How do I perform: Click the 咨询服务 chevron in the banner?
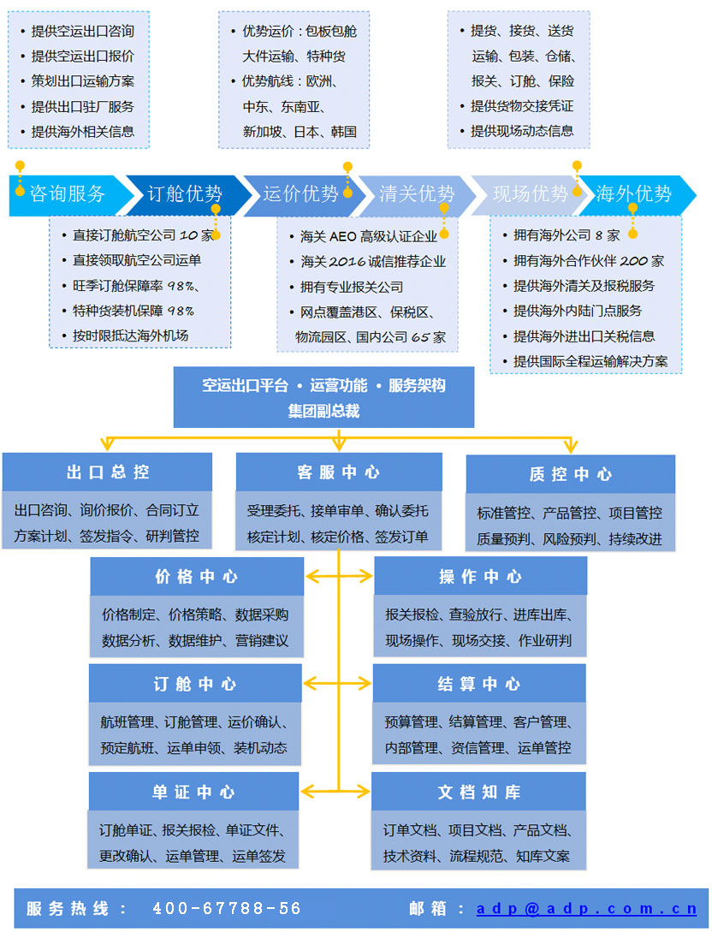pyautogui.click(x=68, y=193)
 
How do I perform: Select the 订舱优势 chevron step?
pyautogui.click(x=185, y=193)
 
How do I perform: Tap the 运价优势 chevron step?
pyautogui.click(x=300, y=193)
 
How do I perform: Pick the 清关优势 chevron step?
pyautogui.click(x=416, y=193)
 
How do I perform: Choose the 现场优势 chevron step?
pyautogui.click(x=530, y=193)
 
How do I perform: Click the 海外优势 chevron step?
pyautogui.click(x=634, y=193)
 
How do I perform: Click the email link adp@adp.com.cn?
pyautogui.click(x=587, y=909)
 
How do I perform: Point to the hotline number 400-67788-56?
pyautogui.click(x=227, y=909)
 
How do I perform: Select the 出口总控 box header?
pyautogui.click(x=108, y=472)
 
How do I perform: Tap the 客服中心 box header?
pyautogui.click(x=339, y=472)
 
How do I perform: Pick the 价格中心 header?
pyautogui.click(x=197, y=577)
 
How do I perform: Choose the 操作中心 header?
pyautogui.click(x=480, y=577)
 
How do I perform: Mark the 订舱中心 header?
pyautogui.click(x=195, y=684)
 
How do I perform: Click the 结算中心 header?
pyautogui.click(x=479, y=684)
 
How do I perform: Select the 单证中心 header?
pyautogui.click(x=194, y=792)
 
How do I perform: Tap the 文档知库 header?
pyautogui.click(x=479, y=792)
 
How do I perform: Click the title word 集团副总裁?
pyautogui.click(x=323, y=411)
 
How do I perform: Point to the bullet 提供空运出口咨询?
pyautogui.click(x=82, y=31)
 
